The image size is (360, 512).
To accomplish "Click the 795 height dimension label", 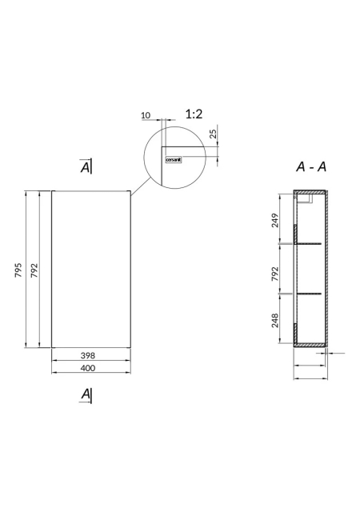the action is [x=18, y=270].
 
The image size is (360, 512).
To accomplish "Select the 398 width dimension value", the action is [x=88, y=355].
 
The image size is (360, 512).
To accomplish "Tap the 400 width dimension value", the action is [x=88, y=368].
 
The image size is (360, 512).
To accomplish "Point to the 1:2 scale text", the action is [x=194, y=114].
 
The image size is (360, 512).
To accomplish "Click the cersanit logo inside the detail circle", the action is [x=174, y=160].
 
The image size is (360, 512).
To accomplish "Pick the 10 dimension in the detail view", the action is [x=146, y=115].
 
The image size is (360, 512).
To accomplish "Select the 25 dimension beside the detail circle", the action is [x=213, y=134].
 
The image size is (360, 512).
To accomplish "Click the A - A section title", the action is [x=311, y=167].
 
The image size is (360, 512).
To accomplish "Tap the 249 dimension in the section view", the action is [x=275, y=221].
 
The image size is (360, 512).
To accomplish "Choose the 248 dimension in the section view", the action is [x=275, y=320].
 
